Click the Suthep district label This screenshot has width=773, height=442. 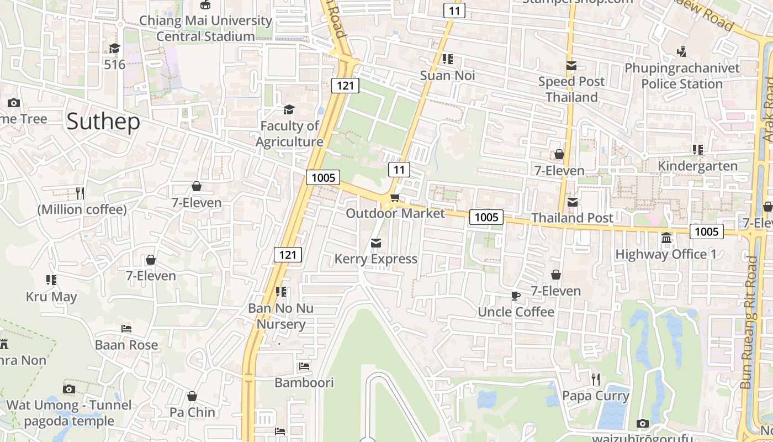pos(103,122)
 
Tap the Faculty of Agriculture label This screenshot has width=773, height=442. pos(289,134)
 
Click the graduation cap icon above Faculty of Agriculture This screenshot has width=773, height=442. pos(289,109)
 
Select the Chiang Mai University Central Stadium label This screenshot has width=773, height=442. pos(205,29)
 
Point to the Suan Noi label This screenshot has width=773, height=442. pos(447,75)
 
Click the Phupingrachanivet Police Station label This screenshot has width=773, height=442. pos(682,76)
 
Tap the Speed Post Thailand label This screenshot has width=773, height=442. pos(571,89)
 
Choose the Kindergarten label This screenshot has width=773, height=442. pos(697,166)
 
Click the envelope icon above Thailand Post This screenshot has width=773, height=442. pos(572,202)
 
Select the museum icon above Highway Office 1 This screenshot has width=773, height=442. pos(666,238)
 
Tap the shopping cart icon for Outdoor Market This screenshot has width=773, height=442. pos(395,198)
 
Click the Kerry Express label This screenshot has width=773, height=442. pos(376,259)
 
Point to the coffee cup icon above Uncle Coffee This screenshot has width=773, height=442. pos(516,296)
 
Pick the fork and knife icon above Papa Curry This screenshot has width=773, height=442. pos(595,379)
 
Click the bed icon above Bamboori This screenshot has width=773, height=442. pos(304,366)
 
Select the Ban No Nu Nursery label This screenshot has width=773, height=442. pos(280,316)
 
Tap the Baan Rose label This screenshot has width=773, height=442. pos(126,345)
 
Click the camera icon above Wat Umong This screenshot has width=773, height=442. pos(69,389)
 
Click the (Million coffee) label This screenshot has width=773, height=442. pos(82,209)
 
